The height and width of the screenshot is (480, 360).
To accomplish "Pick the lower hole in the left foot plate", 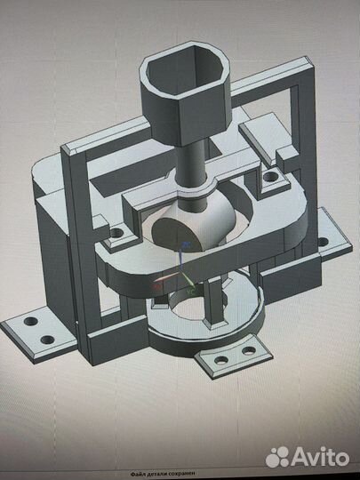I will tap(43, 337).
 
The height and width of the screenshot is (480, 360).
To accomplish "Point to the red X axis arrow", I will tap(159, 287).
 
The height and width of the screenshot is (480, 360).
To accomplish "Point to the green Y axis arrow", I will tap(190, 289).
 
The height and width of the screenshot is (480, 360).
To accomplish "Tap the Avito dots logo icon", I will tap(278, 457).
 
